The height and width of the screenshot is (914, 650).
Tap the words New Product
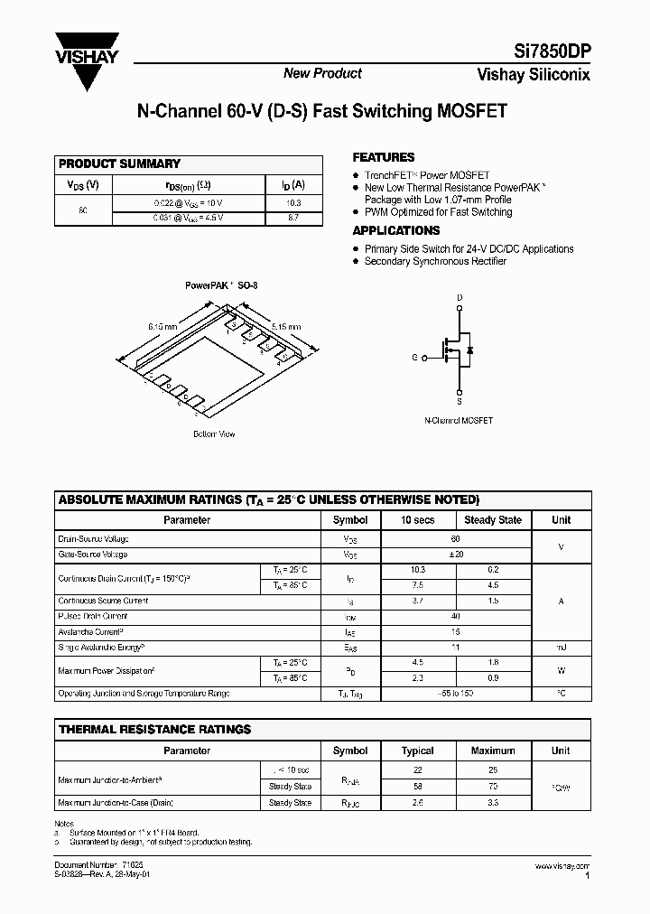(x=322, y=73)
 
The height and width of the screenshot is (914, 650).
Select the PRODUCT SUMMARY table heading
(x=119, y=163)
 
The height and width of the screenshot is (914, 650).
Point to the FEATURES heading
(x=383, y=157)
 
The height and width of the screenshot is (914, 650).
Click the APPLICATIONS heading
(x=395, y=230)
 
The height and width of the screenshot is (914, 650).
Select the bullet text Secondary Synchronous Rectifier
(x=434, y=261)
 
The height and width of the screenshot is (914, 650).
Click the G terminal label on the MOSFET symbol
(x=414, y=358)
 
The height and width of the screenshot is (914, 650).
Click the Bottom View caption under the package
(x=214, y=434)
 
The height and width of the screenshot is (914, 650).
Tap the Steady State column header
(x=492, y=520)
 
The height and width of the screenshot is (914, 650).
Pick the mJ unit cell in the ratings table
(x=561, y=647)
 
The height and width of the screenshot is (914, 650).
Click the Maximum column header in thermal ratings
(x=492, y=751)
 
